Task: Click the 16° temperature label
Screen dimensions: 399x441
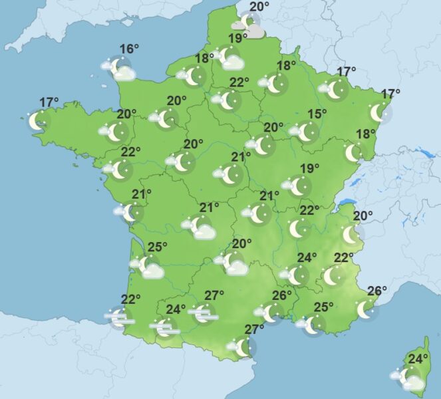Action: (129, 49)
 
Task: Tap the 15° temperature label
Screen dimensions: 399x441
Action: (317, 114)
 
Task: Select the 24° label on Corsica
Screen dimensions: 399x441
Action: (418, 360)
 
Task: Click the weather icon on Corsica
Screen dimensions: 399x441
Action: (411, 378)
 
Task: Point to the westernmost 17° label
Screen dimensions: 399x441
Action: (49, 102)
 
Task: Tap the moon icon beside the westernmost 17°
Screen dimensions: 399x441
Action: (39, 120)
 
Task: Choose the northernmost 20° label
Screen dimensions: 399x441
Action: (259, 7)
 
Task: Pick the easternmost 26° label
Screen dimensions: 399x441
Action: (377, 291)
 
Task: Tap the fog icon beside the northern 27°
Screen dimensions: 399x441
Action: (203, 313)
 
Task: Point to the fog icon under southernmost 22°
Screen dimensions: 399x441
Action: (120, 318)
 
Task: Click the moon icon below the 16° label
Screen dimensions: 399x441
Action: (120, 67)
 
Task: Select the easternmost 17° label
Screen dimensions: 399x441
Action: (390, 94)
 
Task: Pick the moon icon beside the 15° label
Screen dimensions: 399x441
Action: (305, 131)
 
